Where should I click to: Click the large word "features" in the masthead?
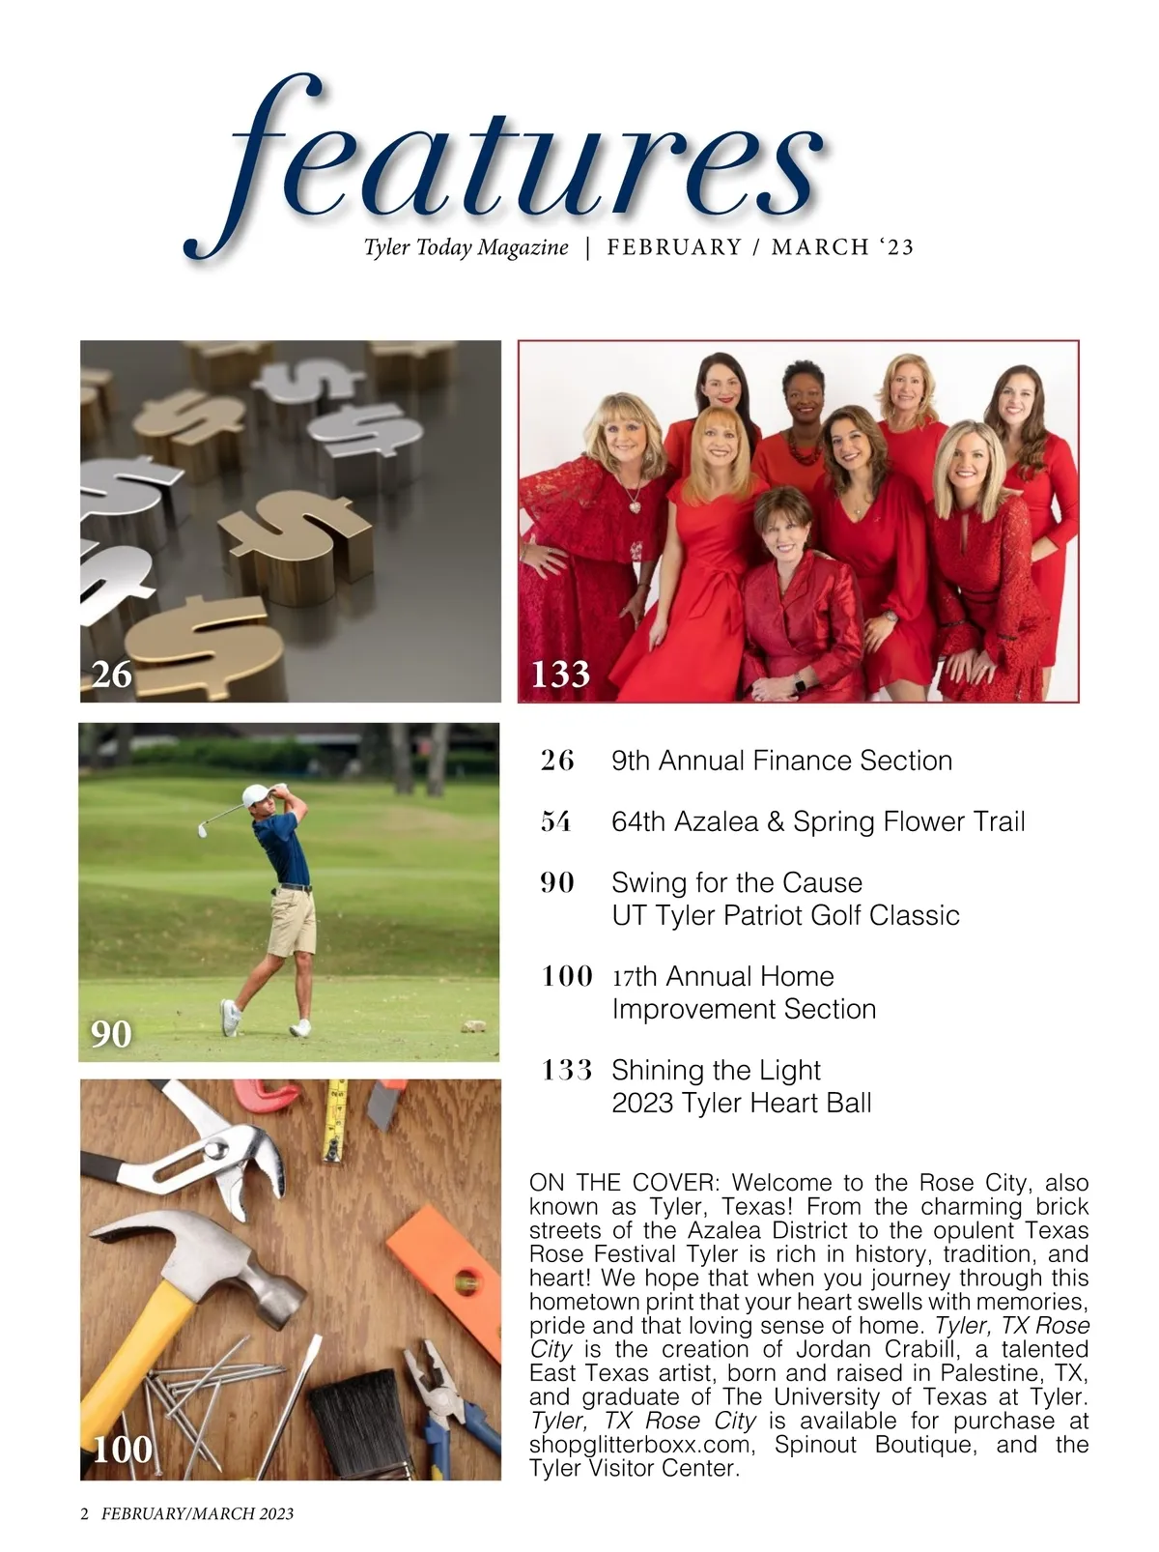pos(522,164)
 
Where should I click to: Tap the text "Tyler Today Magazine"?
pos(466,247)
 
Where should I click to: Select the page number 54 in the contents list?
pos(556,821)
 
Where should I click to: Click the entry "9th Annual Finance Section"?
pos(781,761)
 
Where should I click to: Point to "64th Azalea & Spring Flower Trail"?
pos(818,821)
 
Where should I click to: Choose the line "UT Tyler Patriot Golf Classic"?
pos(785,915)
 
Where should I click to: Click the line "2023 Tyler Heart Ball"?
pos(741,1103)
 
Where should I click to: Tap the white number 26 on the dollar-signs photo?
pos(111,674)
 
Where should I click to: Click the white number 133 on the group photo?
pos(560,673)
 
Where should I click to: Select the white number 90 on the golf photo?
pos(111,1034)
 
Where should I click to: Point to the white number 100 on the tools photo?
pos(123,1450)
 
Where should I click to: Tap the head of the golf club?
pos(205,828)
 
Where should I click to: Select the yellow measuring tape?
pos(333,1121)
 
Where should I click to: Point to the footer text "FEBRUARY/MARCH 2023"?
pos(197,1513)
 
